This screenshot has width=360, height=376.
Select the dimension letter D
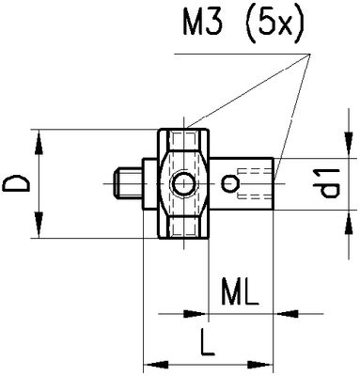click(x=16, y=183)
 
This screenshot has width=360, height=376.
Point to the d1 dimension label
click(x=326, y=183)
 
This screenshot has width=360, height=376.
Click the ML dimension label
click(x=240, y=292)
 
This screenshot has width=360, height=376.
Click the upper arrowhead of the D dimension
click(x=39, y=143)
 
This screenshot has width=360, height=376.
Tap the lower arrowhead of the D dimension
click(x=39, y=225)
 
